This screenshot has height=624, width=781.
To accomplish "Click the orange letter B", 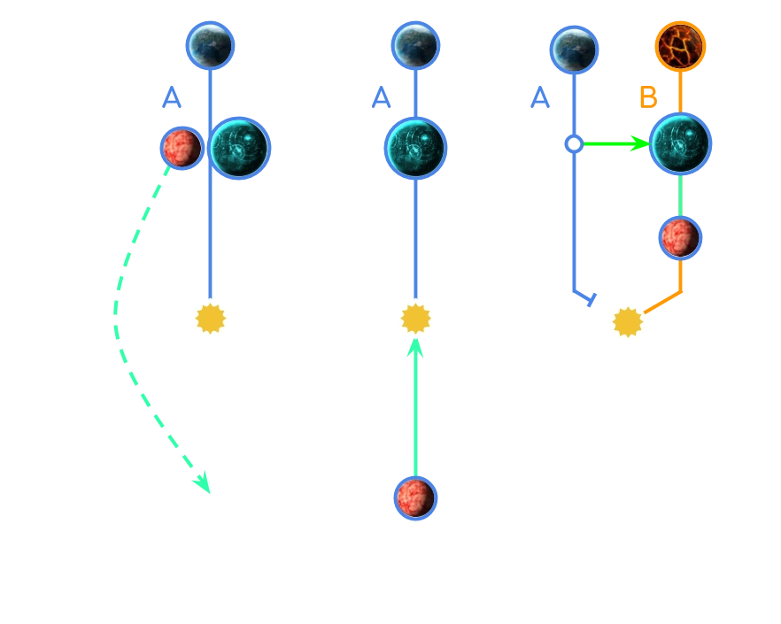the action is [648, 97].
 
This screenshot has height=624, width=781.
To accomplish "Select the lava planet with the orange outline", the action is [680, 46].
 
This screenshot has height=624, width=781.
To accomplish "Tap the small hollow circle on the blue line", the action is [574, 144].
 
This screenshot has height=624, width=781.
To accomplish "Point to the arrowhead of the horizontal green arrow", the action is [640, 144].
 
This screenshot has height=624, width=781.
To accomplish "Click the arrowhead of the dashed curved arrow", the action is [204, 482].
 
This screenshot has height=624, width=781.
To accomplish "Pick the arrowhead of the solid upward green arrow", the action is [415, 348].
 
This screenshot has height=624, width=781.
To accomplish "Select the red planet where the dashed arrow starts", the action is [182, 148].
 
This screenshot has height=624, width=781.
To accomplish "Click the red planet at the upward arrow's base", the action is [415, 498].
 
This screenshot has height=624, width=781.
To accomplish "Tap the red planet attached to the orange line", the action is [680, 238].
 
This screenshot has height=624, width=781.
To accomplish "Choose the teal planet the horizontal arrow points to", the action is [680, 144].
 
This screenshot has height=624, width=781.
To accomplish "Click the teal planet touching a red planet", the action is [240, 148].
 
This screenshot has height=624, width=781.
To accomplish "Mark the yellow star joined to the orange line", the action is [628, 322].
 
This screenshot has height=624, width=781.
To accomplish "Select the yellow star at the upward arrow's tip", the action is [415, 319].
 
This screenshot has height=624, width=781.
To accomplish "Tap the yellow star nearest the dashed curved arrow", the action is [210, 319].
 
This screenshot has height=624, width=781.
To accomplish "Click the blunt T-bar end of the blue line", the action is [592, 300].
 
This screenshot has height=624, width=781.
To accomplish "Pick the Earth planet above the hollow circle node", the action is [574, 50].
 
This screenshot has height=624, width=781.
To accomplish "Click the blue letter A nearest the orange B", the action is [540, 97].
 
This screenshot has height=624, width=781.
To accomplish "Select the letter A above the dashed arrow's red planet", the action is [172, 97].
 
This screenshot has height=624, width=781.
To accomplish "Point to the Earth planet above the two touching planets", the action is [210, 46].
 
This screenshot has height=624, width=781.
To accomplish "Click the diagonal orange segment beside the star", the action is [662, 303].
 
